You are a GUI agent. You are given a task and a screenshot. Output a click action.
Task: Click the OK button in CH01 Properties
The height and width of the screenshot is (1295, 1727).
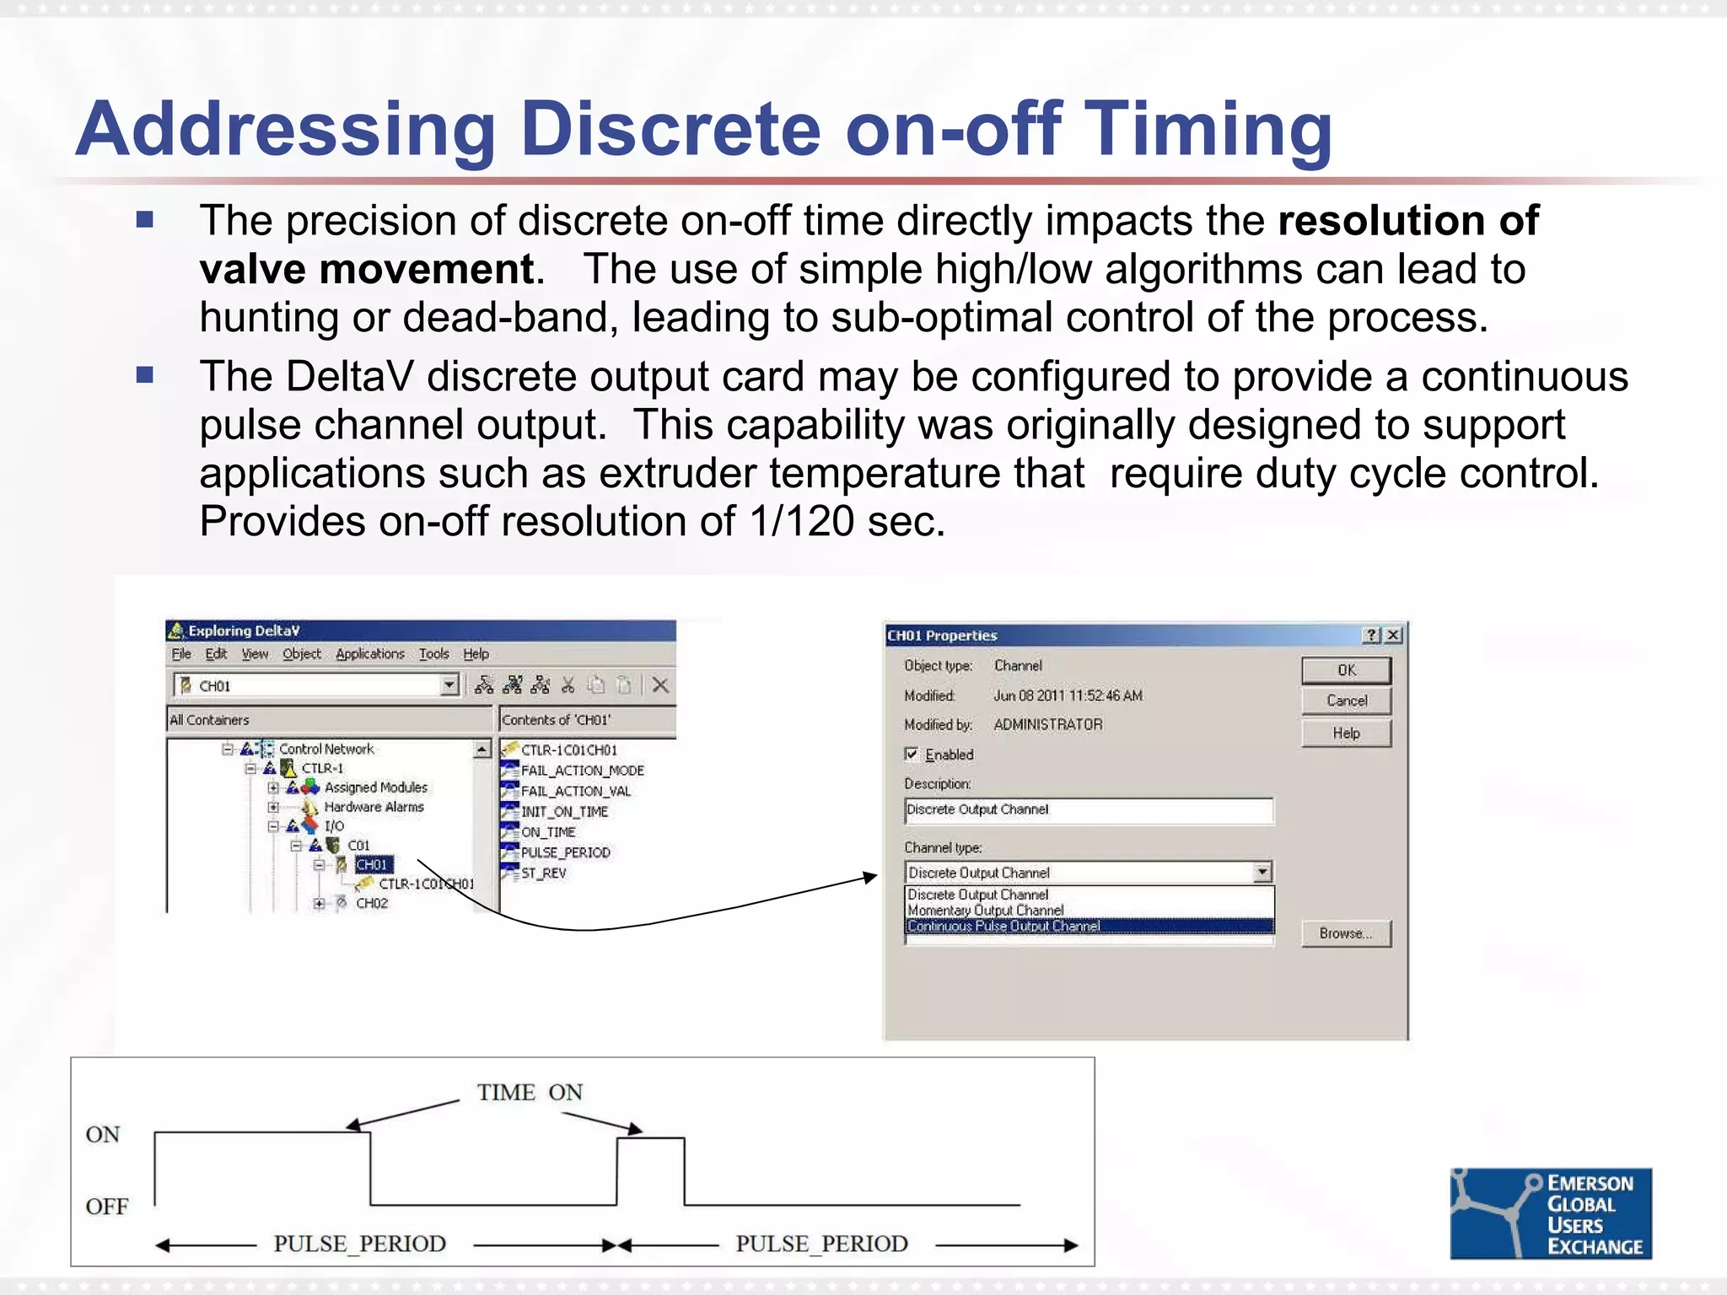click(1346, 670)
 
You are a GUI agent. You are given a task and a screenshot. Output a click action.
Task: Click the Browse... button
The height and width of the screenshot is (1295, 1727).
click(1346, 933)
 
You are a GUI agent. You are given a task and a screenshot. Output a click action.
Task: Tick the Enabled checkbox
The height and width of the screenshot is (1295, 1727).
click(912, 754)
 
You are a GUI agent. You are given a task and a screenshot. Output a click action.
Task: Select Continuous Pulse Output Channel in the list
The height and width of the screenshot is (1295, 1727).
click(1003, 926)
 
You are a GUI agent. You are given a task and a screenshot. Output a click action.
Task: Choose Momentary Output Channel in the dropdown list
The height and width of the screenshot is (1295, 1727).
click(985, 911)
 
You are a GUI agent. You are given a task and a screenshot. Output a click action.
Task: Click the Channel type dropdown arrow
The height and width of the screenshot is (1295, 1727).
click(1262, 872)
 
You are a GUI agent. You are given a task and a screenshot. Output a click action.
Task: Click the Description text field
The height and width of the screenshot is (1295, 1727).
click(1088, 810)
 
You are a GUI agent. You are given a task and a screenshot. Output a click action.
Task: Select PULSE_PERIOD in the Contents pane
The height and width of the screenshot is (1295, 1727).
click(565, 852)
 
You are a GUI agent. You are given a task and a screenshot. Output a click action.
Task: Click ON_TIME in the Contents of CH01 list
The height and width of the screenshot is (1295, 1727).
click(548, 832)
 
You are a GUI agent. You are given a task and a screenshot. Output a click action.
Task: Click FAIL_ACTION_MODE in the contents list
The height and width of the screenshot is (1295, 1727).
click(582, 771)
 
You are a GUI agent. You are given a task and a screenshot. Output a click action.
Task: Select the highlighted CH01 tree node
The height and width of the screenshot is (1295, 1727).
click(372, 865)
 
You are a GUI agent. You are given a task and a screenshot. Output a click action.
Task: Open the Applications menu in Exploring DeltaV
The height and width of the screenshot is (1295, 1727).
click(369, 653)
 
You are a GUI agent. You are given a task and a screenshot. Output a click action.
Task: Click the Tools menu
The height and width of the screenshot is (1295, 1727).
click(433, 653)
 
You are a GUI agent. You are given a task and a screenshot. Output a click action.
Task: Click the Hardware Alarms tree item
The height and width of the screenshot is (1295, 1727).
click(374, 807)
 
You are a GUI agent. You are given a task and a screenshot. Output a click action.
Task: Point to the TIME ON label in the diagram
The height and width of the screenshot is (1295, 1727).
click(530, 1093)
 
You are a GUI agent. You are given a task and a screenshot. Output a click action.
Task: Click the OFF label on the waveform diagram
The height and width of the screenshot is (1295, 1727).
click(107, 1206)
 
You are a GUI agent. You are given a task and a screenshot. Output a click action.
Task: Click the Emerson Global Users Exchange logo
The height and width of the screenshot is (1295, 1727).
click(1550, 1213)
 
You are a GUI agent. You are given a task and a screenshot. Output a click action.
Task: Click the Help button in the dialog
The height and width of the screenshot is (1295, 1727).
click(1346, 733)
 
